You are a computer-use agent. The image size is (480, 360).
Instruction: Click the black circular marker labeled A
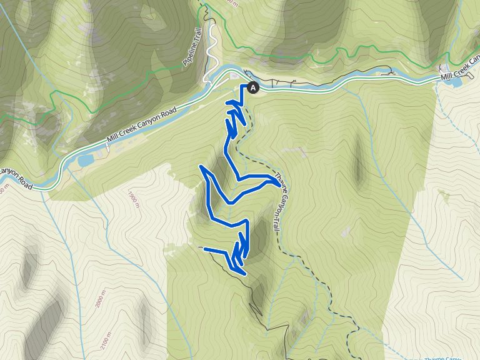pyautogui.click(x=252, y=88)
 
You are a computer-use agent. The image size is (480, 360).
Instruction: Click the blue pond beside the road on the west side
pyautogui.click(x=85, y=160)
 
